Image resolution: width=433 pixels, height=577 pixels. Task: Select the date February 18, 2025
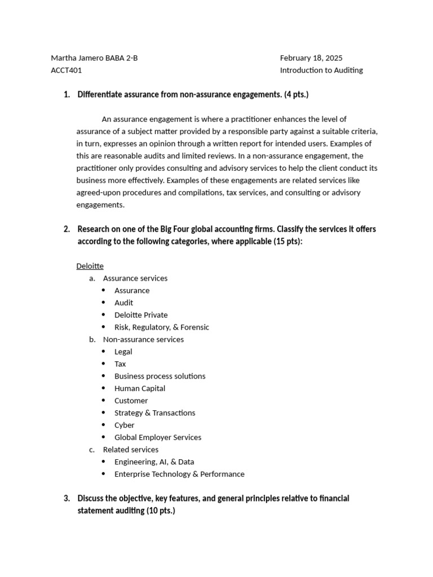point(311,58)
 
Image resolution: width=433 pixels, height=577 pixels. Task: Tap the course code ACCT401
point(66,70)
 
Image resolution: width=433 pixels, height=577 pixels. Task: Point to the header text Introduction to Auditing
point(321,70)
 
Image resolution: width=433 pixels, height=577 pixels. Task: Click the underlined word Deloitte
point(90,266)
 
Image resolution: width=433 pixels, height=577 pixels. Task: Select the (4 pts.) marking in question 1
point(296,95)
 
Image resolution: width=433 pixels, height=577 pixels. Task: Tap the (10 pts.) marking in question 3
point(161,511)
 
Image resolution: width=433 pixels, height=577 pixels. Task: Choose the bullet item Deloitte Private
point(141,315)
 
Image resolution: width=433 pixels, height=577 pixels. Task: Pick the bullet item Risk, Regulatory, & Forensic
point(161,327)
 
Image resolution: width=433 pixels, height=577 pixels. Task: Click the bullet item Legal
point(123,352)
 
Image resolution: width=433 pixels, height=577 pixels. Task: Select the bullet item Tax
point(120,364)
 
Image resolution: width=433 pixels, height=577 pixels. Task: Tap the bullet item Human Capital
point(140,388)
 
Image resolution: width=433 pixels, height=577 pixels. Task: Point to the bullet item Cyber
point(124,425)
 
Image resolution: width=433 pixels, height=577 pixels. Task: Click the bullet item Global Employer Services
point(157,437)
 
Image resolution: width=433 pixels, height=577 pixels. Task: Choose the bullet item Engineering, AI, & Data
point(154,461)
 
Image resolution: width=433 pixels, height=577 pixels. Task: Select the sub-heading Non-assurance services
point(143,339)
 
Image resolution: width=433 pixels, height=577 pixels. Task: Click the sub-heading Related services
point(130,450)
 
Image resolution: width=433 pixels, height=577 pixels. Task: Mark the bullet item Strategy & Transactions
point(154,413)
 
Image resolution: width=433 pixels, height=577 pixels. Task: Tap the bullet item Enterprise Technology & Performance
point(179,474)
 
